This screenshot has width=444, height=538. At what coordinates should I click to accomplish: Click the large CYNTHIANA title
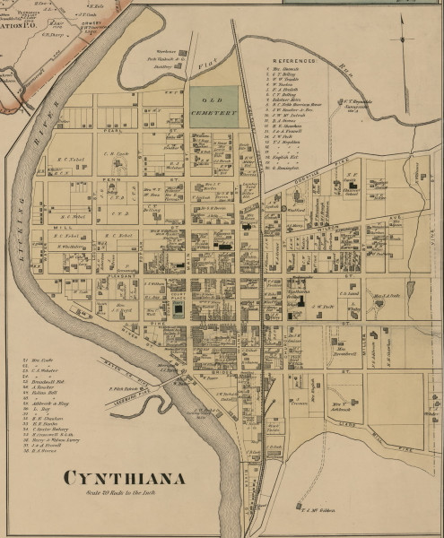(x=124, y=478)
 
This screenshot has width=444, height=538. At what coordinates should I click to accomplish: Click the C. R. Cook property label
(x=118, y=153)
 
